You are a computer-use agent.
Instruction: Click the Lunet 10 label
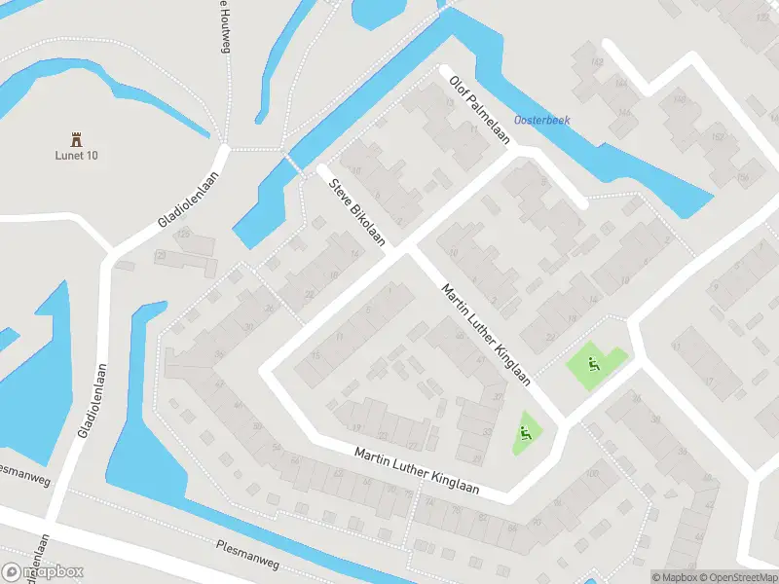click(76, 156)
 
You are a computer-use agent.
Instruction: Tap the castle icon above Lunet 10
click(76, 139)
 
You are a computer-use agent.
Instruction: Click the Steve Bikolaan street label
click(356, 211)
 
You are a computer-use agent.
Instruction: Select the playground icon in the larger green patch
click(592, 366)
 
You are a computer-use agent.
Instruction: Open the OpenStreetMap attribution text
click(733, 576)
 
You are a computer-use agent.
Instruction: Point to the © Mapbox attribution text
click(675, 576)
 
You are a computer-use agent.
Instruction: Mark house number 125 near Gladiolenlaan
click(181, 235)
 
